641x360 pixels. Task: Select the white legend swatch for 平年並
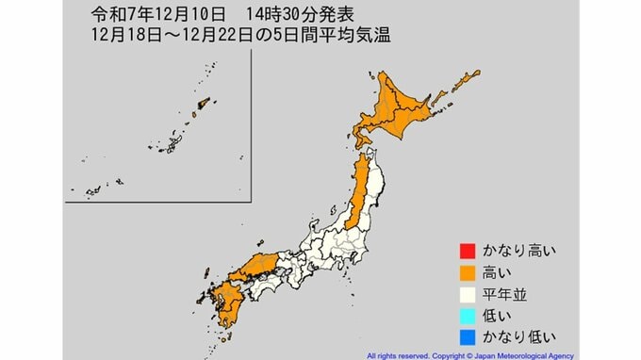(464, 293)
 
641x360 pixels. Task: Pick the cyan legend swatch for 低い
(464, 315)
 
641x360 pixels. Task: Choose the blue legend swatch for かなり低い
(464, 335)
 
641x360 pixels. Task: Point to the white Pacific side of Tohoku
(378, 184)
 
